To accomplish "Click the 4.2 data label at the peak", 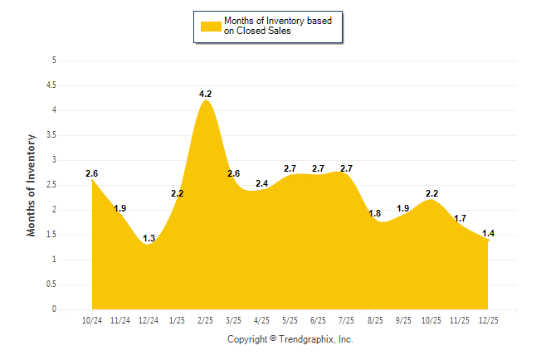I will [206, 95].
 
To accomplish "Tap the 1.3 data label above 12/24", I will [149, 239].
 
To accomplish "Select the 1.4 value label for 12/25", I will [488, 234].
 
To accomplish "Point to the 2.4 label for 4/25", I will [262, 183].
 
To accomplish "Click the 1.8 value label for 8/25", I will [375, 214].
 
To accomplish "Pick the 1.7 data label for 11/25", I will [460, 219].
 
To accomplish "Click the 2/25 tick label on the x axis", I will [206, 319].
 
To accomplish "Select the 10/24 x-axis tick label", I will [92, 319].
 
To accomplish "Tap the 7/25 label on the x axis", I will [347, 319].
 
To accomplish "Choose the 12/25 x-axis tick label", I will [488, 319].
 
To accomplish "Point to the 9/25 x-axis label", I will [403, 319].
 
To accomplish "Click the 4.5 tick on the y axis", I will [51, 85].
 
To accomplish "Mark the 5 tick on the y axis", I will [54, 61].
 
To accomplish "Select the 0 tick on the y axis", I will [54, 309].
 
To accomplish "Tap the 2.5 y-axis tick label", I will [51, 185].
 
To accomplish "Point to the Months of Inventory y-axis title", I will [32, 185].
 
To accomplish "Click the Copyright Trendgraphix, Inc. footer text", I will [290, 339].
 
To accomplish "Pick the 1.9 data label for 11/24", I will [120, 209].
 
